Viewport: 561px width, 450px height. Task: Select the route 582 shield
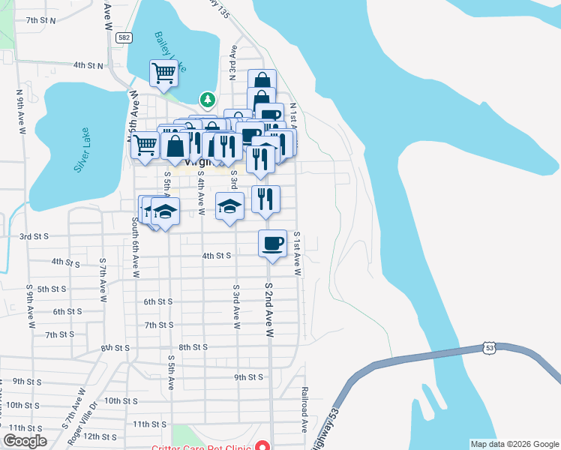[124, 37]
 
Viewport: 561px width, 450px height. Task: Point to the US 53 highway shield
[490, 348]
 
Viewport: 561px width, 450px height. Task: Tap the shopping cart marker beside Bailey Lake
[163, 74]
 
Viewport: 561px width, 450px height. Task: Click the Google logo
[25, 441]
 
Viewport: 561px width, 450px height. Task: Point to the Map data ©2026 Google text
[514, 444]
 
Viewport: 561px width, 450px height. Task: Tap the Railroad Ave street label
[305, 409]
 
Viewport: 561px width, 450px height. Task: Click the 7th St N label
[41, 20]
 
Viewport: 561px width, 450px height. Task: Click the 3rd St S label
[34, 236]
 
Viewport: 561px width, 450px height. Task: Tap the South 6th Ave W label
[136, 247]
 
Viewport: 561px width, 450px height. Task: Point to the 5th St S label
[52, 289]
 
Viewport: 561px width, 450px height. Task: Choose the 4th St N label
[88, 65]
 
